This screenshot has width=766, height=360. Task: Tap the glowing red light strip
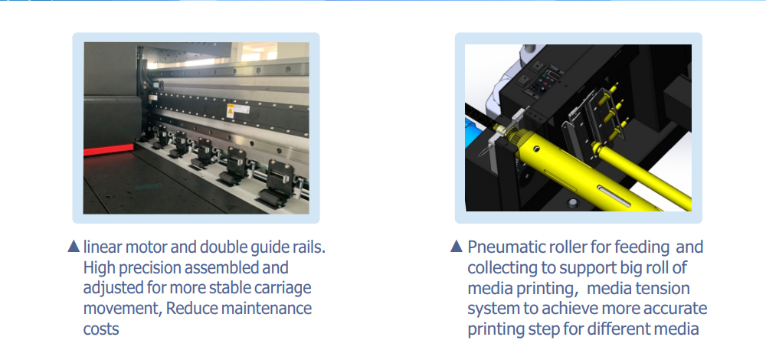point(108,149)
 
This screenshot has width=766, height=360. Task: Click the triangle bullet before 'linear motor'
point(74,246)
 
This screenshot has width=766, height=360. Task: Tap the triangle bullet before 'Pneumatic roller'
point(457,246)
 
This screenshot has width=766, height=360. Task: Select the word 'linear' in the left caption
point(103,247)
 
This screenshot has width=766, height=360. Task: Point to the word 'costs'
point(101,329)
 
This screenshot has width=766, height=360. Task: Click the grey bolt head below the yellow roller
point(572,203)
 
